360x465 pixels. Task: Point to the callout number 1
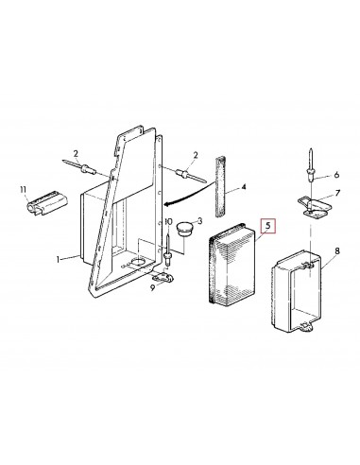click(x=59, y=258)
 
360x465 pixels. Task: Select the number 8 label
click(x=335, y=252)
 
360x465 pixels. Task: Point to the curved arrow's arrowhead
click(x=162, y=203)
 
